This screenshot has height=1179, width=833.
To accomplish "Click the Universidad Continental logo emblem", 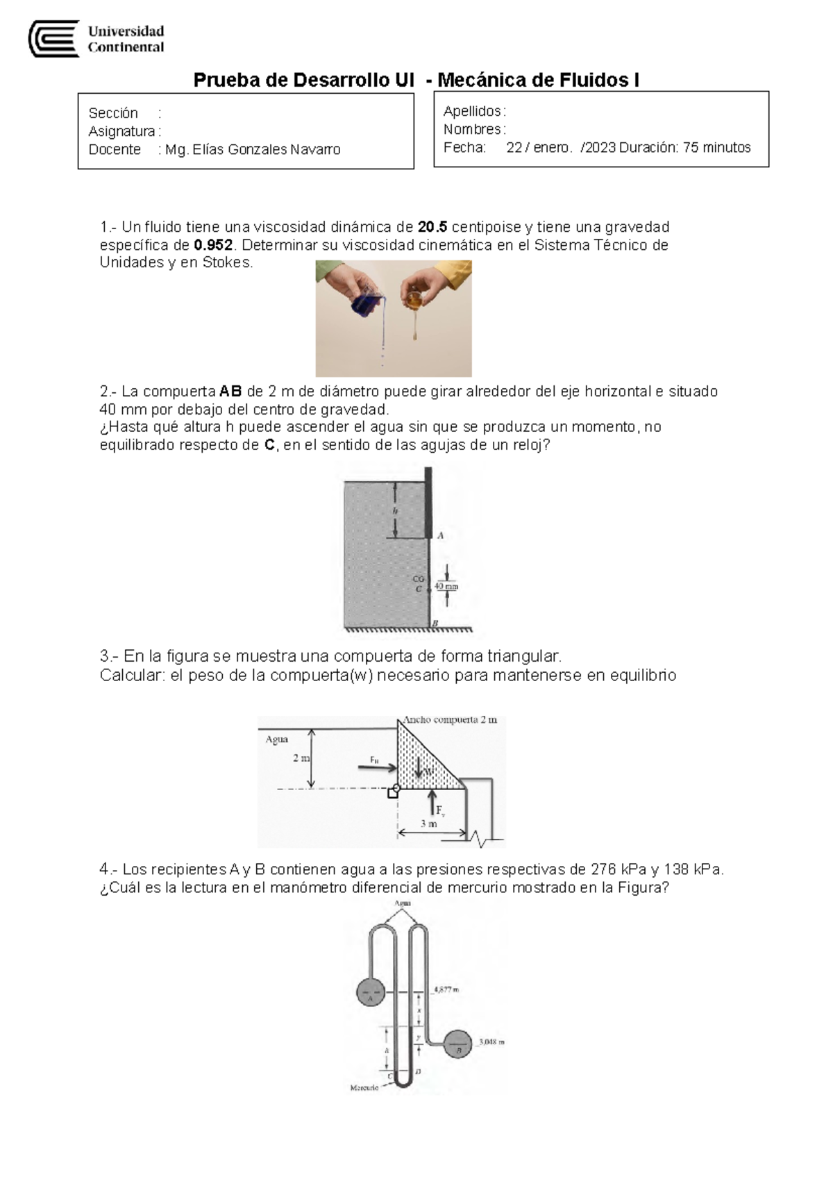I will coord(53,39).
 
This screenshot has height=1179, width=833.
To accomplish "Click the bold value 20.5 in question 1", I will coord(433,227).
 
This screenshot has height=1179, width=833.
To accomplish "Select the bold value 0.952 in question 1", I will coord(214,245).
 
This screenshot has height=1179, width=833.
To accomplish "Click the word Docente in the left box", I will coord(115,150).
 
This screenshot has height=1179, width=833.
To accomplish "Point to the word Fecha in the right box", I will coord(464,148).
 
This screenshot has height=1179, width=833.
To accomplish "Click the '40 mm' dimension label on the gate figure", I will coord(446,586).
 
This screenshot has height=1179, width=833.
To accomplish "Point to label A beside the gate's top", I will coord(440,535).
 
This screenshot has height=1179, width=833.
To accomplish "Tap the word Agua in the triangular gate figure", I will coord(276,739).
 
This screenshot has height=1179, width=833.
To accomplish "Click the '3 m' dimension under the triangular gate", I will coord(429,824).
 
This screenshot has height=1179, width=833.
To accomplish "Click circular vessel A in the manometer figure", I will coord(371,994).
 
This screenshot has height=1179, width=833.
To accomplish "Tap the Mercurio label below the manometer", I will coord(364,1087).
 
